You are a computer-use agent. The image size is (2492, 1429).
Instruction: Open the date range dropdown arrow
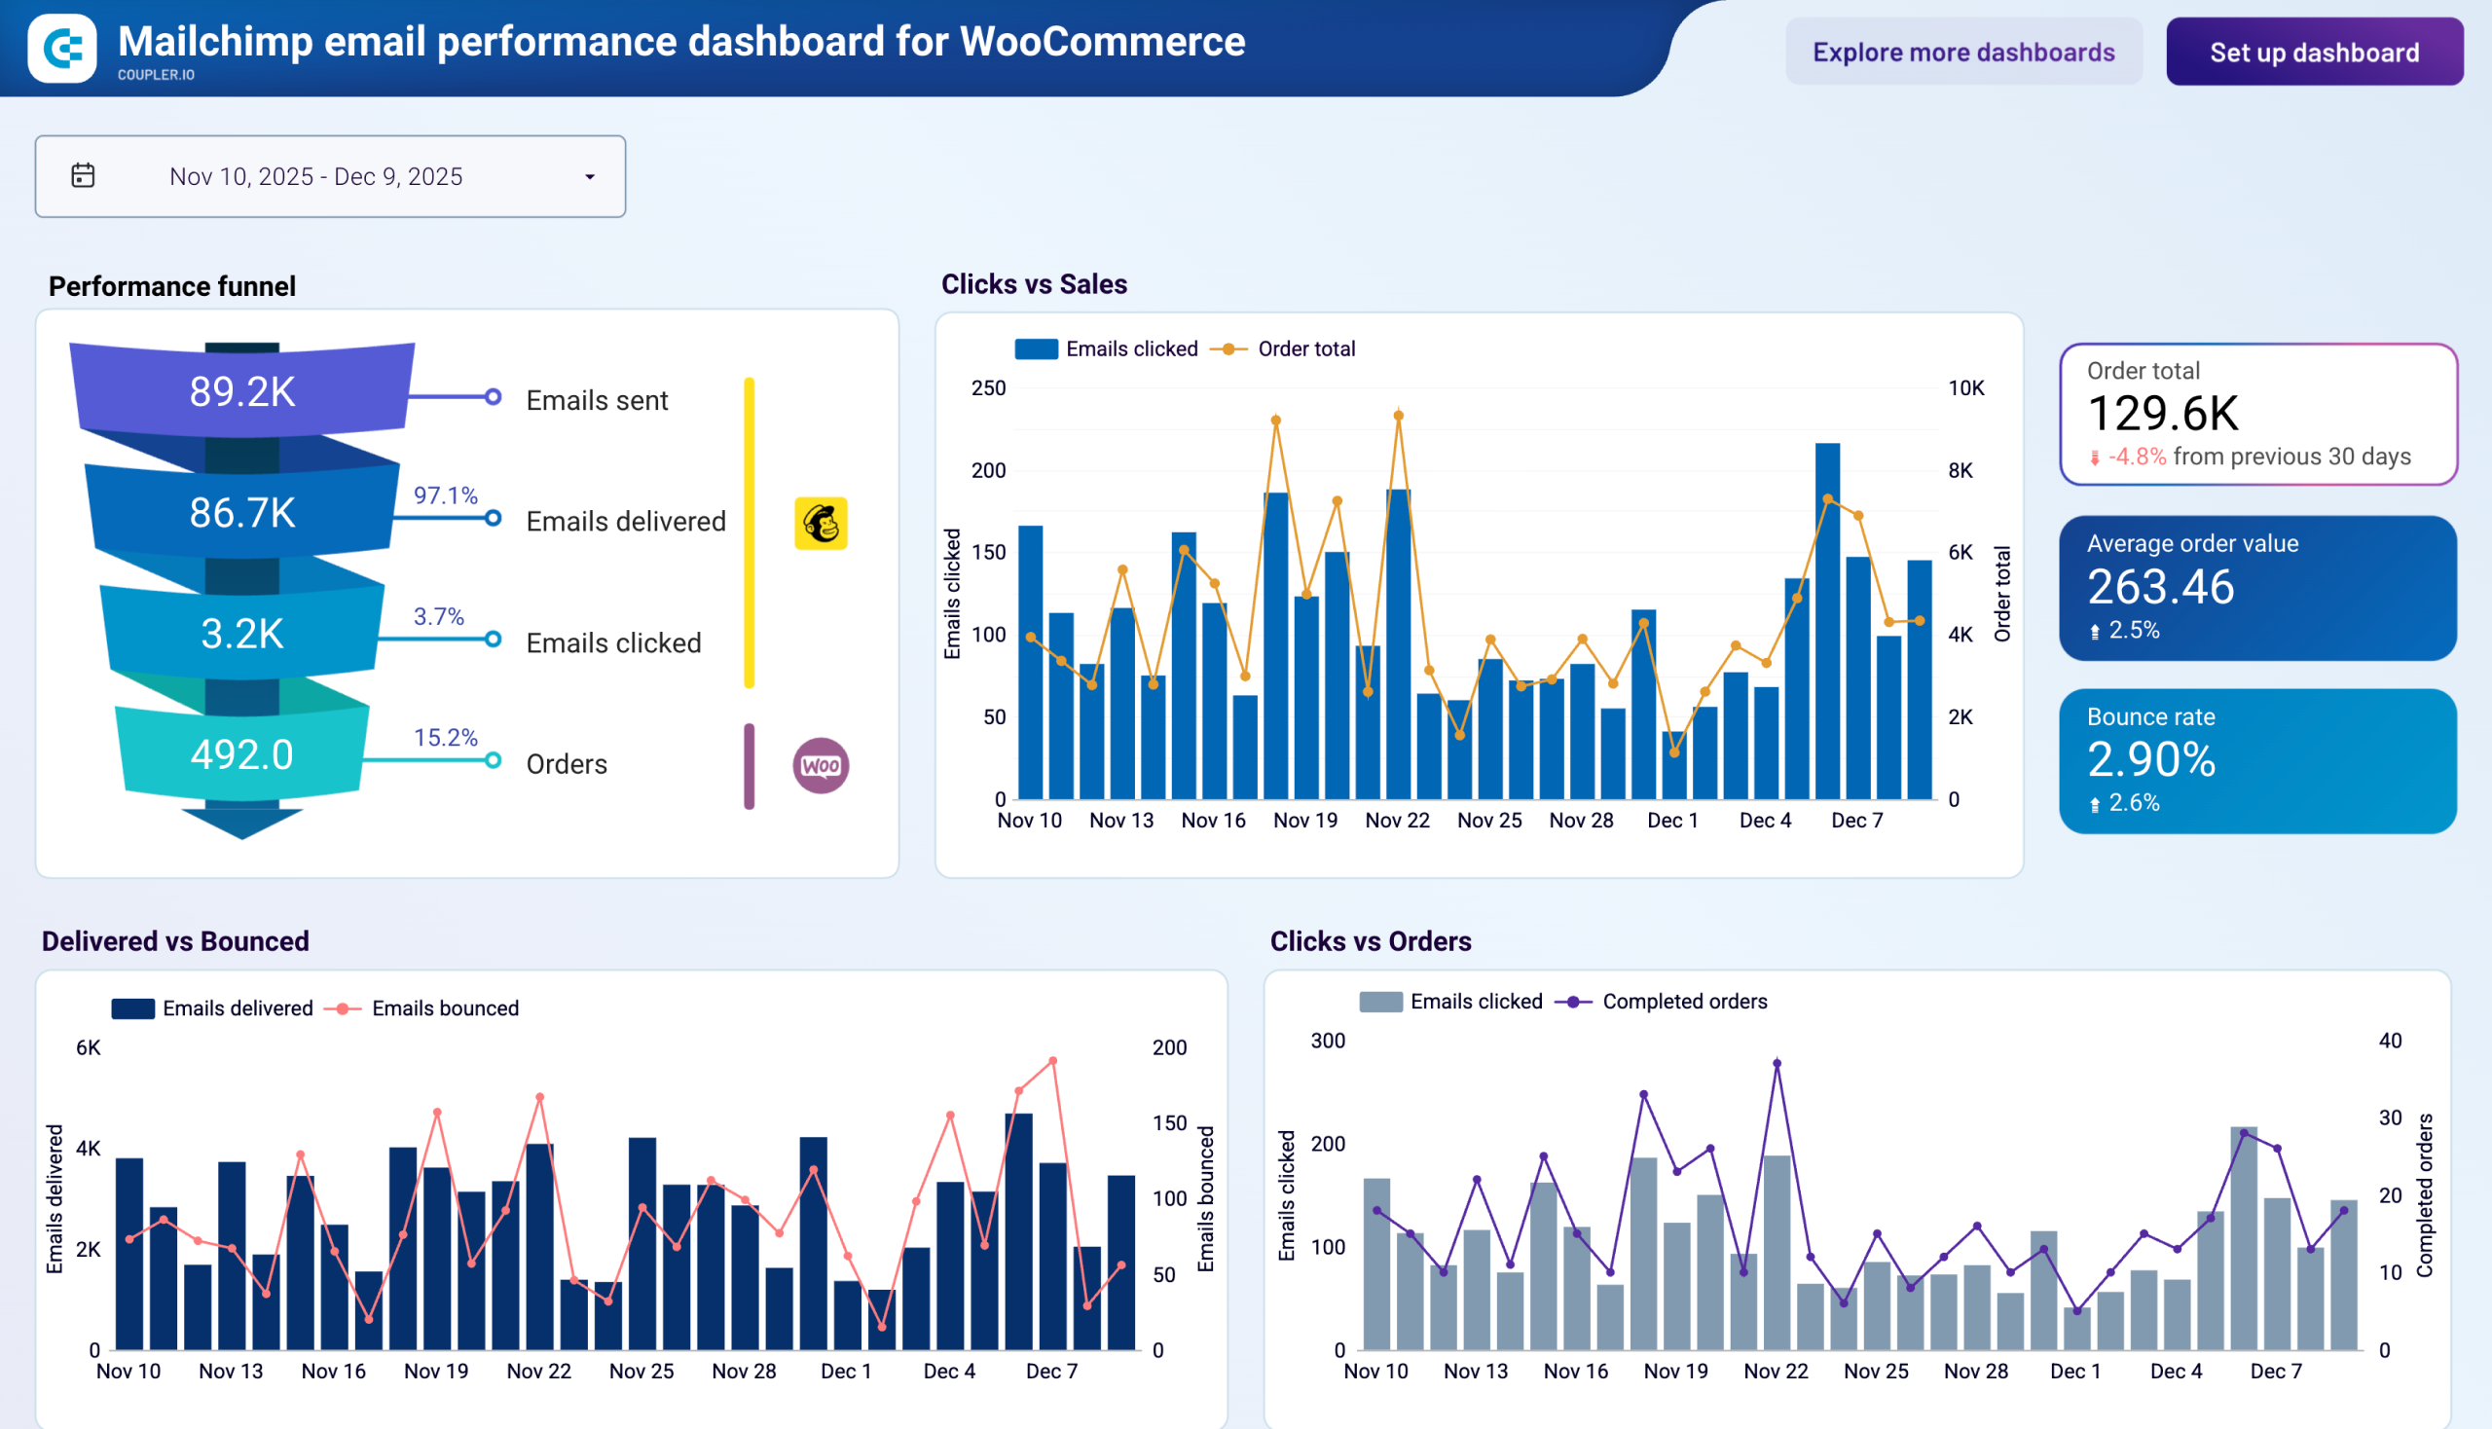pyautogui.click(x=590, y=177)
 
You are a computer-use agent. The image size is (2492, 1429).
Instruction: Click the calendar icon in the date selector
pyautogui.click(x=84, y=175)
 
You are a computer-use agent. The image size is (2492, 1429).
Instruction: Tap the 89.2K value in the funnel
pyautogui.click(x=241, y=391)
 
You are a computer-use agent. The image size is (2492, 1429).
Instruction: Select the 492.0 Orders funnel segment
pyautogui.click(x=241, y=754)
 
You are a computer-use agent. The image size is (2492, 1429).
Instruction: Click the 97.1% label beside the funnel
pyautogui.click(x=445, y=495)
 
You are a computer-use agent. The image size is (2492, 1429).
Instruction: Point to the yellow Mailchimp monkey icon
pyautogui.click(x=821, y=523)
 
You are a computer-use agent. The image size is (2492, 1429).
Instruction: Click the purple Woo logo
pyautogui.click(x=821, y=765)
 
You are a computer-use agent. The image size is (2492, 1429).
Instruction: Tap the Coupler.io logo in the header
pyautogui.click(x=62, y=48)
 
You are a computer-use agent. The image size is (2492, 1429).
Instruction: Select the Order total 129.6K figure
pyautogui.click(x=2162, y=413)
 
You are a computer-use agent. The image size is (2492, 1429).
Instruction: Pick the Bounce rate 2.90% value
pyautogui.click(x=2150, y=759)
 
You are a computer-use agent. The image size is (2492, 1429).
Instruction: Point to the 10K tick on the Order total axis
pyautogui.click(x=1965, y=388)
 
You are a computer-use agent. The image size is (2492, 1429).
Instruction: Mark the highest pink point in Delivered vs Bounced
pyautogui.click(x=1053, y=1061)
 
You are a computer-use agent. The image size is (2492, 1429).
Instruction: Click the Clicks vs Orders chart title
pyautogui.click(x=1370, y=941)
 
